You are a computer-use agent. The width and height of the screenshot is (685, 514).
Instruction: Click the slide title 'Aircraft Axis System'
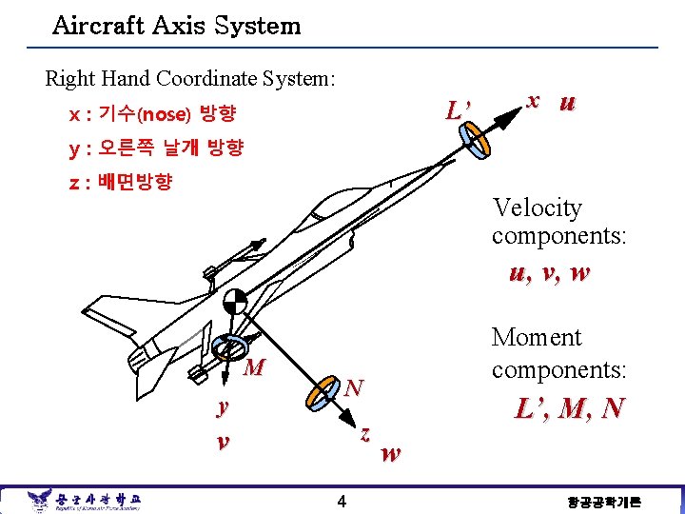tap(177, 26)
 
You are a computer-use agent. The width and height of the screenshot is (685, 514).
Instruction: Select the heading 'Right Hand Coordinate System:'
tap(190, 78)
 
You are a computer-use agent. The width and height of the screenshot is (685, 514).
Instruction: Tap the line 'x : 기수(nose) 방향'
tap(152, 115)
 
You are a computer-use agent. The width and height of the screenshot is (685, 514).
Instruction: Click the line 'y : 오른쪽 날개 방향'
tap(156, 148)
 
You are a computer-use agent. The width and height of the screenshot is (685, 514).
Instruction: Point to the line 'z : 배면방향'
tap(120, 181)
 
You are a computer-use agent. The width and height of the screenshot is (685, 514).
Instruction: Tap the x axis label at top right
tap(535, 100)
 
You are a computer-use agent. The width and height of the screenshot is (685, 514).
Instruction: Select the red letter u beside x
tap(567, 103)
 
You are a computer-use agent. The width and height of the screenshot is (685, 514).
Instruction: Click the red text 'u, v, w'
tap(549, 273)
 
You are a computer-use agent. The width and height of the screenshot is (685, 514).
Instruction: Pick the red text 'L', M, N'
tap(569, 408)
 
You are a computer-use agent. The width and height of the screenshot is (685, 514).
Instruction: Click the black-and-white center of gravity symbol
tap(234, 304)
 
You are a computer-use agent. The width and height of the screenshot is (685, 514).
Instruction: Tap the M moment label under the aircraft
tap(254, 368)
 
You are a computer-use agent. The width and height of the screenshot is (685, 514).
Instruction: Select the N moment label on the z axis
tap(354, 387)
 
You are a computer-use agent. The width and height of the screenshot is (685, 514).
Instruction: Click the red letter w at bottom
tap(390, 454)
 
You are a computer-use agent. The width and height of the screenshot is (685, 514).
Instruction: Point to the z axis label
tap(364, 432)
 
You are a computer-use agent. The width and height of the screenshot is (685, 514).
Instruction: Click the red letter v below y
tap(223, 442)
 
